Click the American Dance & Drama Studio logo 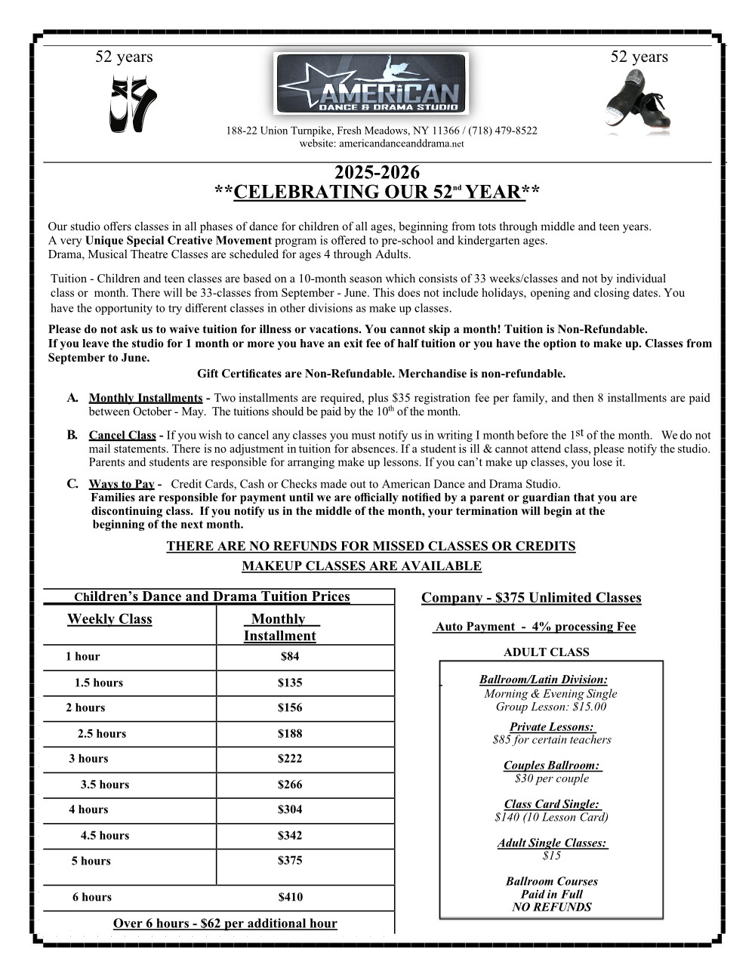point(371,84)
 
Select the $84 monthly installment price point(290,657)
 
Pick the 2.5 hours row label point(102,733)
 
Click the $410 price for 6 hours point(290,897)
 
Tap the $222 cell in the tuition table point(290,758)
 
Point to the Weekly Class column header point(109,619)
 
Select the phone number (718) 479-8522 point(506,131)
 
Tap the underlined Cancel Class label point(122,435)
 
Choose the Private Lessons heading point(551,727)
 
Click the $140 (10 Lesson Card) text point(551,817)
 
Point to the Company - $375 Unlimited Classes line point(531,598)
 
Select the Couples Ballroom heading point(551,766)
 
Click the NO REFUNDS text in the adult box point(551,907)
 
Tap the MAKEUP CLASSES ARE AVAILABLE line point(361,566)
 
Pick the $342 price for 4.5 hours point(290,835)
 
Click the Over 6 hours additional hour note point(225,923)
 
